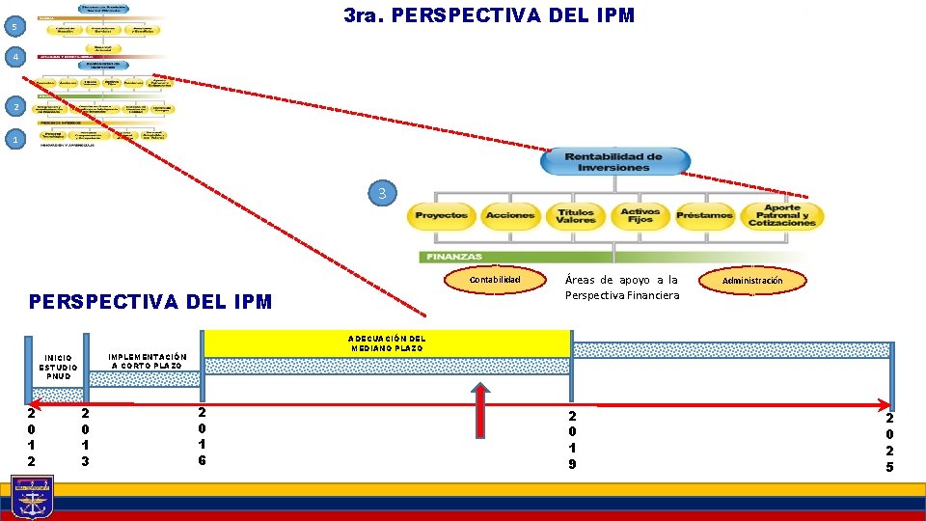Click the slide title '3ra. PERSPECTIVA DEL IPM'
click(x=489, y=16)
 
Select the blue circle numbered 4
click(x=9, y=58)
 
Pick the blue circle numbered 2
click(x=9, y=105)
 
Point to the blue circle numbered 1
click(x=9, y=140)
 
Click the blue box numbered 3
click(x=381, y=193)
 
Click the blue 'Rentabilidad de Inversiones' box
click(x=613, y=161)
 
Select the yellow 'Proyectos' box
click(x=441, y=215)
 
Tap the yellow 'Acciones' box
click(x=510, y=215)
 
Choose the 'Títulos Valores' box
click(x=576, y=215)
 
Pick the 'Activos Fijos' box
click(x=640, y=215)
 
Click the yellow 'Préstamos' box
click(x=704, y=215)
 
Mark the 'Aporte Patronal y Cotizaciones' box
click(x=781, y=215)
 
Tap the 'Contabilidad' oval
click(x=494, y=280)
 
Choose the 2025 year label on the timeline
click(x=890, y=442)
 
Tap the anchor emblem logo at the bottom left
click(x=32, y=498)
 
